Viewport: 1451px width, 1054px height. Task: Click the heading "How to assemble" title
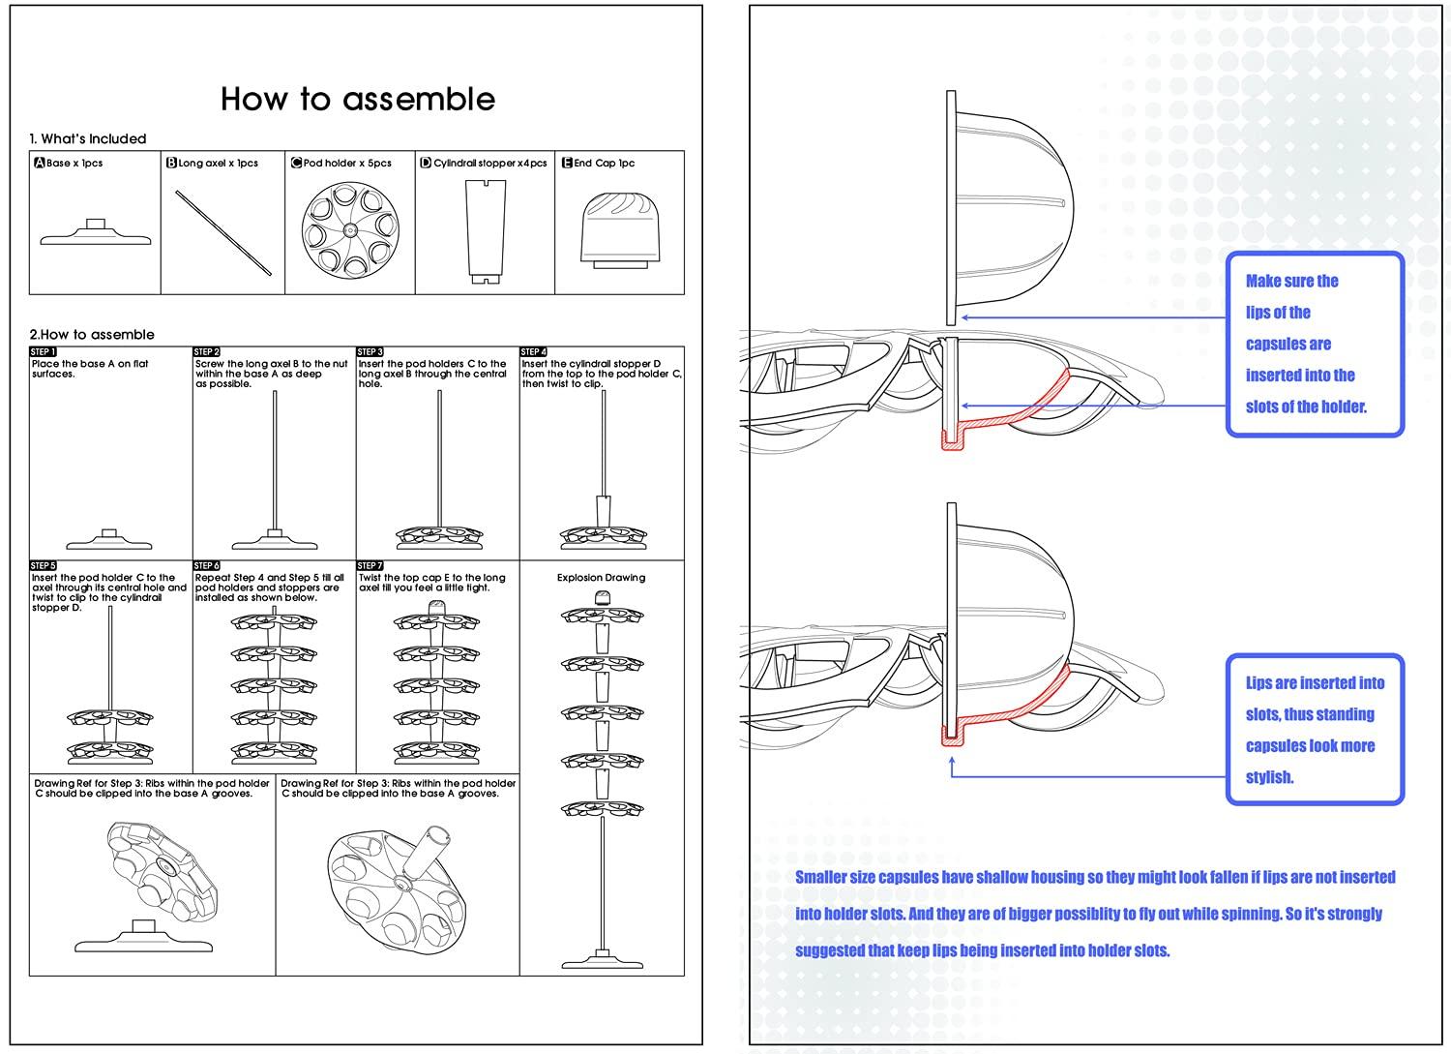pyautogui.click(x=358, y=99)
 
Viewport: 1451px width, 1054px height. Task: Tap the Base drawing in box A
pyautogui.click(x=96, y=233)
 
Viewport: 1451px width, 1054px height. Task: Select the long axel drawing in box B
pyautogui.click(x=223, y=232)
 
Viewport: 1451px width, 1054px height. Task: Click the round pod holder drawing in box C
pyautogui.click(x=350, y=232)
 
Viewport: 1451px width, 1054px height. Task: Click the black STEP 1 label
pyautogui.click(x=44, y=352)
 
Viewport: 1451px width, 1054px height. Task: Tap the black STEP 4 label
pyautogui.click(x=534, y=352)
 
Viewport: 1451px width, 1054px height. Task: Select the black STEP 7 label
pyautogui.click(x=370, y=565)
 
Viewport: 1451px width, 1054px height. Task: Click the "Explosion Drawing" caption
pyautogui.click(x=601, y=578)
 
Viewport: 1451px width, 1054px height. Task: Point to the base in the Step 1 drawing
pyautogui.click(x=109, y=540)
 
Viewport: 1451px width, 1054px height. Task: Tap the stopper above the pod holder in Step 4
pyautogui.click(x=602, y=511)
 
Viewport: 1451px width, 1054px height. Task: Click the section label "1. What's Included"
pyautogui.click(x=88, y=139)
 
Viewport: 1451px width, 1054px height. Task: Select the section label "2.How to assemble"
pyautogui.click(x=92, y=335)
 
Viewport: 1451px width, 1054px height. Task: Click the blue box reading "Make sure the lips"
pyautogui.click(x=1314, y=344)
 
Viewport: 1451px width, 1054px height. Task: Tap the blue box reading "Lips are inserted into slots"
pyautogui.click(x=1315, y=730)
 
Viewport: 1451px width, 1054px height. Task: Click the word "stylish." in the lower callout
pyautogui.click(x=1269, y=777)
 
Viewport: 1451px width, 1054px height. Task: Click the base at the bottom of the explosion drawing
pyautogui.click(x=602, y=960)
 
